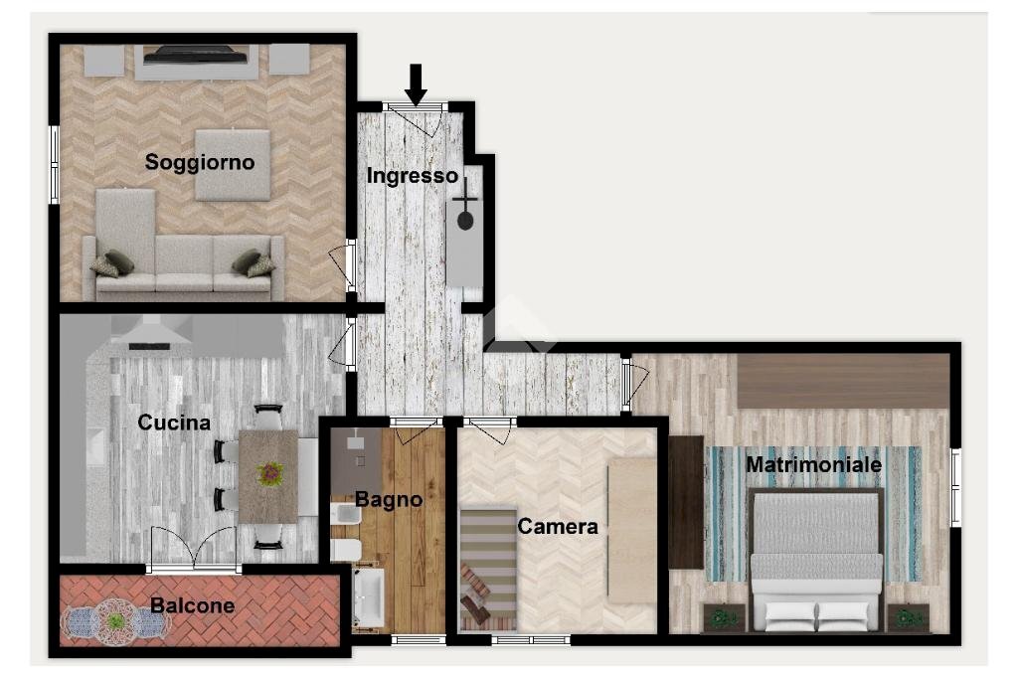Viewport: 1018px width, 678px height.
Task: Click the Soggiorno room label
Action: tap(200, 162)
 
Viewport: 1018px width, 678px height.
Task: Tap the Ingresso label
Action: tap(412, 176)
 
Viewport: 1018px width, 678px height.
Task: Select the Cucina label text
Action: tap(174, 423)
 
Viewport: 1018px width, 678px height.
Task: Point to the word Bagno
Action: tap(389, 499)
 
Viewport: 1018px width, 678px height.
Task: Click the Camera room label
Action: tap(558, 527)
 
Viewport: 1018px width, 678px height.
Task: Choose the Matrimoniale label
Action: tap(813, 464)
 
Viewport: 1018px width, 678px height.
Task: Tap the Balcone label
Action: tap(193, 605)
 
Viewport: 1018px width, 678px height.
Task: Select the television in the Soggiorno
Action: tap(195, 56)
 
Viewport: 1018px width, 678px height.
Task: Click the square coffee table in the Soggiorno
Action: tap(233, 164)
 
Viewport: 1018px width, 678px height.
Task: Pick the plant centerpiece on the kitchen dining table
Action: tap(269, 474)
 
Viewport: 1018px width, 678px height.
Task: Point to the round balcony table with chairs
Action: tap(116, 621)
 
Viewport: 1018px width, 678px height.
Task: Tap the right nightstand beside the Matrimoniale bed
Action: tap(908, 617)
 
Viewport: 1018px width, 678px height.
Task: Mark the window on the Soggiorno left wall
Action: tap(55, 164)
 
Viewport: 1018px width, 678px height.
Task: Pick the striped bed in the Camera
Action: tap(488, 568)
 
